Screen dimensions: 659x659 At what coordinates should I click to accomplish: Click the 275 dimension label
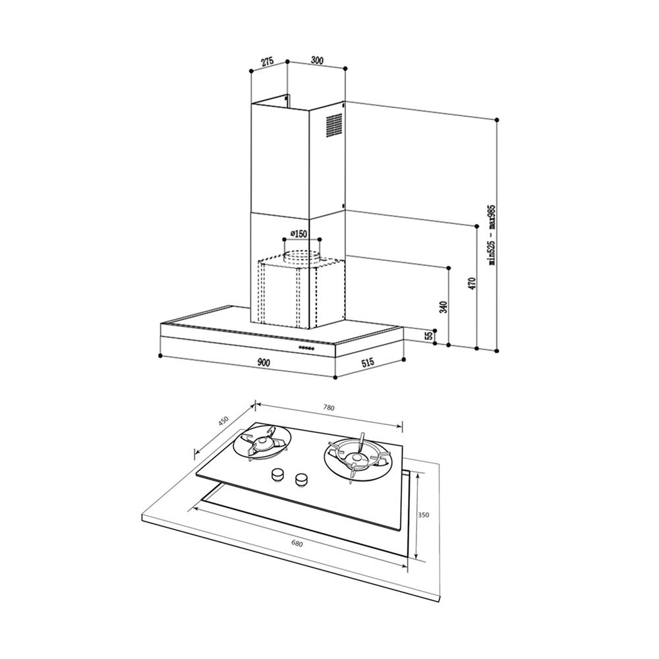(x=268, y=62)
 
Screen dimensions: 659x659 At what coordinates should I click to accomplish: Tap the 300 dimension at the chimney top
(x=317, y=61)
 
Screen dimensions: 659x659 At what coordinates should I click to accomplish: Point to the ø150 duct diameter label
(x=299, y=234)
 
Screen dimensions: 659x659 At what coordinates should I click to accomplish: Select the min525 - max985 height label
(x=492, y=235)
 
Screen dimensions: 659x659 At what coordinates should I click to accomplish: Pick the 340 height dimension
(x=443, y=307)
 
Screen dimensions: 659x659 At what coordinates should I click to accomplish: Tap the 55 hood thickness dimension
(x=429, y=336)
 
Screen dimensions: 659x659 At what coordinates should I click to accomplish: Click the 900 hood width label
(x=263, y=362)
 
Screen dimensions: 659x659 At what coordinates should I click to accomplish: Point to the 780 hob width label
(x=329, y=407)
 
